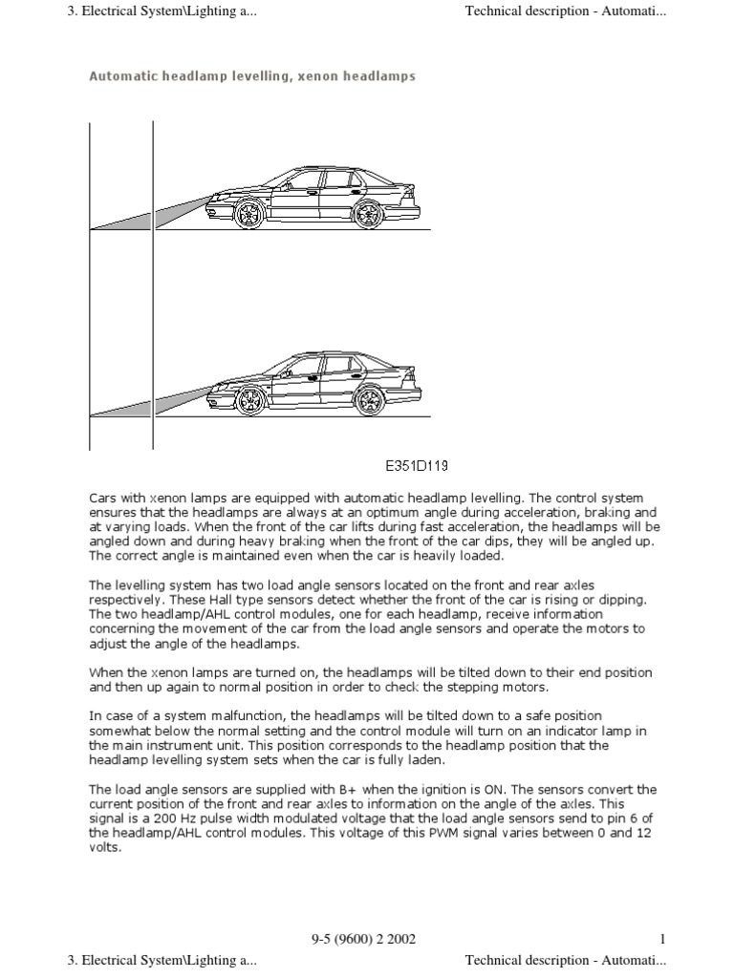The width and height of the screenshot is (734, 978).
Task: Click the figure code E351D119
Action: (417, 467)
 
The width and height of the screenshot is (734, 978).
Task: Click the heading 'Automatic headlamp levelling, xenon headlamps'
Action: (252, 75)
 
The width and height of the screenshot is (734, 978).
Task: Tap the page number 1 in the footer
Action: (661, 939)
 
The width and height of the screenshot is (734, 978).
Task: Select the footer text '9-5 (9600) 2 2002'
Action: (364, 939)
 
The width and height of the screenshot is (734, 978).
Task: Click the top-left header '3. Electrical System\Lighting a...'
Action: (162, 11)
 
